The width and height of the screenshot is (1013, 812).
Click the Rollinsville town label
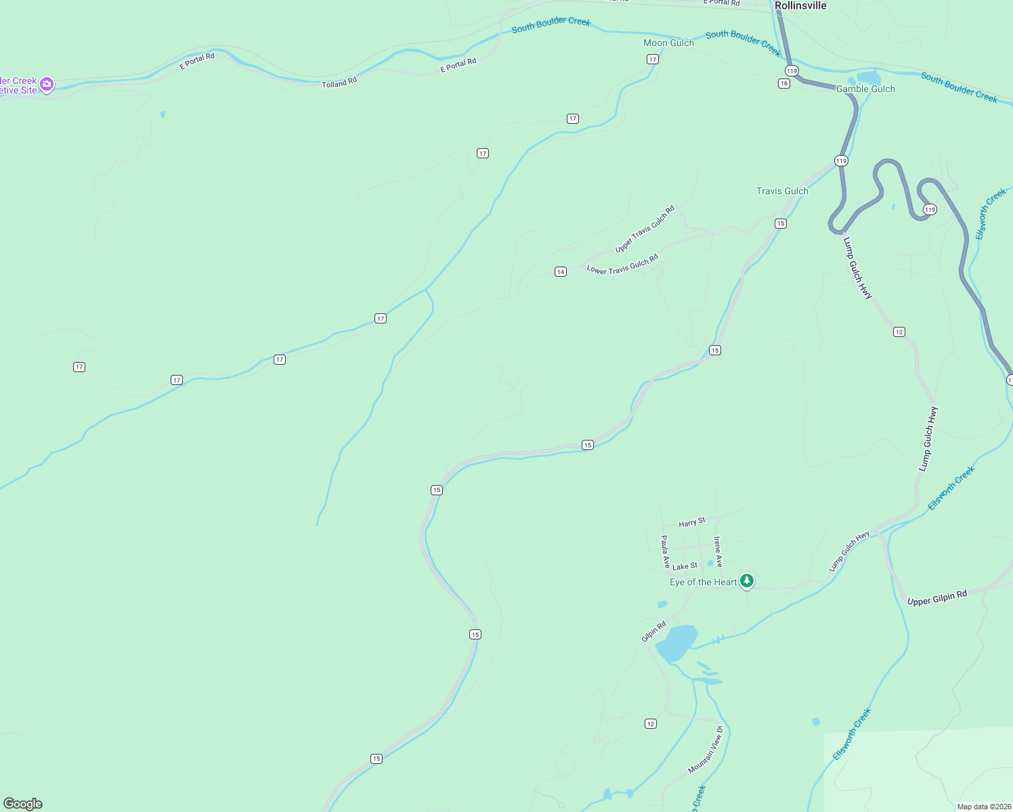point(800,5)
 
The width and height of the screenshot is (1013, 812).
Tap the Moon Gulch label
point(668,43)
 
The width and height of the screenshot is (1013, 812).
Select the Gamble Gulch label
point(865,89)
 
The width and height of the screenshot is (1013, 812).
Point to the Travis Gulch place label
point(782,191)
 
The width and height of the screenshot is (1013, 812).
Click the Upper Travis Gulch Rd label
point(645,229)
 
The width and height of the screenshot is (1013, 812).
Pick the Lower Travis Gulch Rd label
point(622,265)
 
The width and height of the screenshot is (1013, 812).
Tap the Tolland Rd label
point(339,83)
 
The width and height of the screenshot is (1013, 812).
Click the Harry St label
point(692,522)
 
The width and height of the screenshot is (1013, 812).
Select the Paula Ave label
point(665,551)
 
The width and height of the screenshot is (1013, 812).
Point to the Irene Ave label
point(718,551)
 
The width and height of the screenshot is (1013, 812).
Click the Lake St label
point(685,566)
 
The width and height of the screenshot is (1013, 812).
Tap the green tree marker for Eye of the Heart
point(747,581)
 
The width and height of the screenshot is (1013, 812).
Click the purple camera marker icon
point(47,85)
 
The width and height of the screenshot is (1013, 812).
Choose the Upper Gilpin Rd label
point(937,598)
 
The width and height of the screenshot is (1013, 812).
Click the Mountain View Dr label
point(706,750)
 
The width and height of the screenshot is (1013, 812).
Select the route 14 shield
point(561,272)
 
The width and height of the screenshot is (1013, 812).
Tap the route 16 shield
point(784,83)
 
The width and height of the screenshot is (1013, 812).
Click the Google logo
point(23,804)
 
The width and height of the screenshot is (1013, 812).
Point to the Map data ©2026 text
point(983,807)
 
